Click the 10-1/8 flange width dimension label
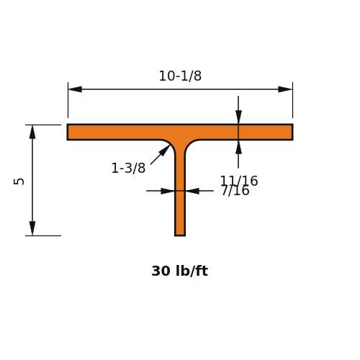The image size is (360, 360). [x=180, y=76]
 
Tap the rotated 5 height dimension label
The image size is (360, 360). [x=19, y=181]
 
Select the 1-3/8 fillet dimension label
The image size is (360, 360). [x=128, y=168]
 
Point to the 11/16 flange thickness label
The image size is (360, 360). [x=239, y=181]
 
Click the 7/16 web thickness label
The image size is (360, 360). [x=235, y=191]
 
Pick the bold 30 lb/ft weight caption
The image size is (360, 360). [x=180, y=271]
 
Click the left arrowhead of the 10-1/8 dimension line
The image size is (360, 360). [x=75, y=89]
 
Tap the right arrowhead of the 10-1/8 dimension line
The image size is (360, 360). [x=285, y=89]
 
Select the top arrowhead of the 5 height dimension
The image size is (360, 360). [x=32, y=132]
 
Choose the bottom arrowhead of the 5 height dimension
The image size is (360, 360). [x=32, y=228]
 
